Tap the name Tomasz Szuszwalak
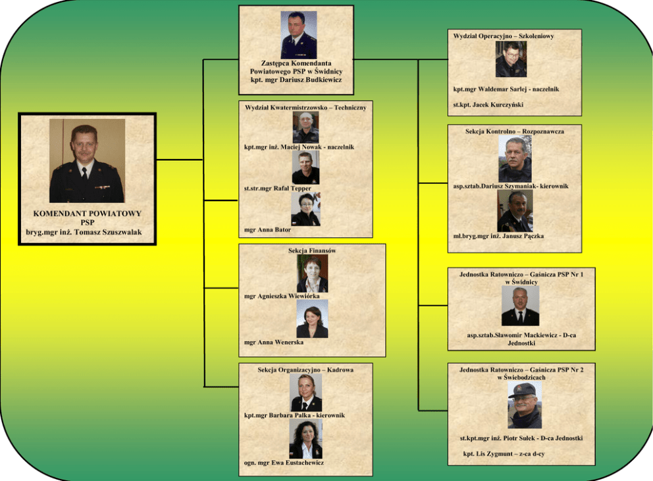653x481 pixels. pyautogui.click(x=87, y=231)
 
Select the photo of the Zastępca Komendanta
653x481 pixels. pyautogui.click(x=298, y=35)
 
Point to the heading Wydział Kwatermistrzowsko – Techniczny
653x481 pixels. pyautogui.click(x=305, y=106)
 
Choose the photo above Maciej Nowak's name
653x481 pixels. pyautogui.click(x=305, y=127)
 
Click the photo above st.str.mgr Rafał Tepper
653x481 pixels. pyautogui.click(x=305, y=168)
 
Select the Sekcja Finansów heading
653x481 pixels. pyautogui.click(x=312, y=250)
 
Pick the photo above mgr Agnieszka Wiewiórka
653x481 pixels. pyautogui.click(x=312, y=273)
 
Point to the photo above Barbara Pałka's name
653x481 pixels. pyautogui.click(x=306, y=393)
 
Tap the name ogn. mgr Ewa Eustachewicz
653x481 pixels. pyautogui.click(x=284, y=463)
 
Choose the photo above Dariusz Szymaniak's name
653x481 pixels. pyautogui.click(x=515, y=160)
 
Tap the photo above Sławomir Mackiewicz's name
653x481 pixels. pyautogui.click(x=520, y=306)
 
